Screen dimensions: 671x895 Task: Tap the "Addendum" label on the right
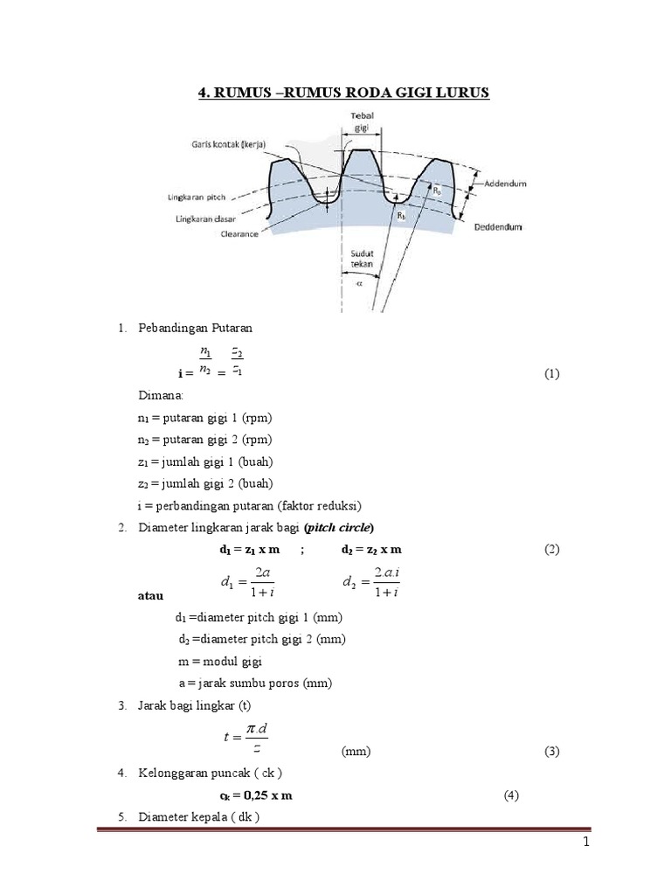pyautogui.click(x=510, y=184)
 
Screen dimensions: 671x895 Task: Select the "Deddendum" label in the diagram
pyautogui.click(x=500, y=226)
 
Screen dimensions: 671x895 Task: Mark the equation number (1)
pyautogui.click(x=551, y=374)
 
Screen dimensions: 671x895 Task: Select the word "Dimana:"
pyautogui.click(x=158, y=395)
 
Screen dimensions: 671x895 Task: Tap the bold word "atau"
pyautogui.click(x=152, y=596)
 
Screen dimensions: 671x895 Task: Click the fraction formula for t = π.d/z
pyautogui.click(x=246, y=736)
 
